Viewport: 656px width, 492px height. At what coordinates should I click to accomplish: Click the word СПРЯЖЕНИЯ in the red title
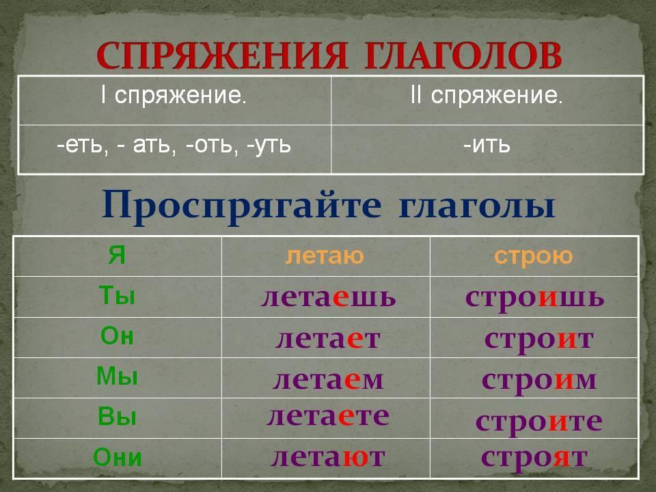222,55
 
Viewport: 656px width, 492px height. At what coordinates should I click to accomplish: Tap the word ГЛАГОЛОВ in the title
463,55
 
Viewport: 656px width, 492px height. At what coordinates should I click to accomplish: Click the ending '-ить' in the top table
487,146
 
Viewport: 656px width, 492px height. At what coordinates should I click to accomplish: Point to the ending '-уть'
269,146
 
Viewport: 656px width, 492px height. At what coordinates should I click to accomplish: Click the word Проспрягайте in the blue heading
242,206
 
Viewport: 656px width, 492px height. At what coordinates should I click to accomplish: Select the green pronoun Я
117,255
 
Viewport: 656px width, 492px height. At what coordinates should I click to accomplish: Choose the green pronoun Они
117,457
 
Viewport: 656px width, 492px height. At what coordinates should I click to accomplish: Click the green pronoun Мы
117,376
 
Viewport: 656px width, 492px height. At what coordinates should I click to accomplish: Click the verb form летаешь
328,297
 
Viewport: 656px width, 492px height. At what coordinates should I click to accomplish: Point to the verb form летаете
327,417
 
